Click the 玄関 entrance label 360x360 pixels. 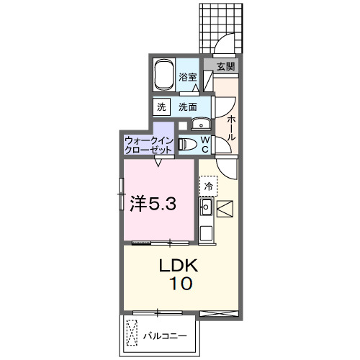point(225,66)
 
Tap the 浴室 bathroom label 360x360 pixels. point(189,77)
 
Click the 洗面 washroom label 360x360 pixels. point(188,107)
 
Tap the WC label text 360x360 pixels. point(204,144)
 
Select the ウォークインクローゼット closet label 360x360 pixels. point(148,144)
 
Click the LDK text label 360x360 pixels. point(177,265)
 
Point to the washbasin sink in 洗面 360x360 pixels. point(202,122)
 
